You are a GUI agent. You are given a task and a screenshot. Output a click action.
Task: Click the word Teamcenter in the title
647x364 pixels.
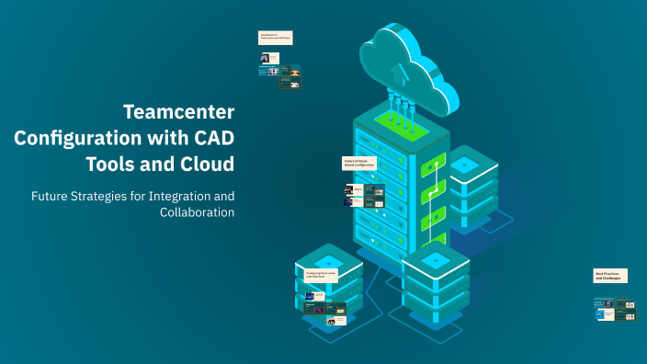pos(179,113)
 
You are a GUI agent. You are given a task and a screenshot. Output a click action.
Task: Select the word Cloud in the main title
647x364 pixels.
pos(204,165)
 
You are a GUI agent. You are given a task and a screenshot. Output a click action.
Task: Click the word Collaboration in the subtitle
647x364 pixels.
pos(197,212)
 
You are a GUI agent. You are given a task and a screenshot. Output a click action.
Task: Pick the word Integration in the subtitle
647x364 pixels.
pos(173,196)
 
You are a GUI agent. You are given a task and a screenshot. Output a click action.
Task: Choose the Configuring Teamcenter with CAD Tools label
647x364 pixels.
pos(321,275)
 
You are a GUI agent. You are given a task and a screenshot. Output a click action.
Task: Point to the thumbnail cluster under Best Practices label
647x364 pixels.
pos(615,310)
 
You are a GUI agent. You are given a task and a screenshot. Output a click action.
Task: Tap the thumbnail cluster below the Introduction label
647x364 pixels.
pos(280,71)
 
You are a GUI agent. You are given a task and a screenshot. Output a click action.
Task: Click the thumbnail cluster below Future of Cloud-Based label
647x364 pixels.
pos(364,195)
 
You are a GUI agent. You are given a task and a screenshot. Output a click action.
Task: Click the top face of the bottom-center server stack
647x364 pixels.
pos(436,260)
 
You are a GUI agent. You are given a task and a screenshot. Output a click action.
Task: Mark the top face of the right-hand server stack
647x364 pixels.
pos(464,163)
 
